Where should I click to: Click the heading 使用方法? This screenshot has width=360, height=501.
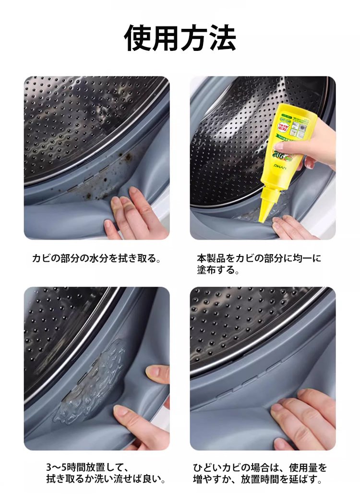tap(180, 38)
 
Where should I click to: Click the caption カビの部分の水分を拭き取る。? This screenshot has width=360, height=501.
tap(96, 258)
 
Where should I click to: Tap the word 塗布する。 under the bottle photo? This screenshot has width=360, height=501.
tap(218, 270)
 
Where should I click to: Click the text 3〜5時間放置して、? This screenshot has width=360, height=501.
tap(87, 467)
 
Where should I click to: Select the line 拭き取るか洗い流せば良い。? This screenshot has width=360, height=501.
tap(106, 479)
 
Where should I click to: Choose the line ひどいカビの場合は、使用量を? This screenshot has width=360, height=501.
tap(260, 467)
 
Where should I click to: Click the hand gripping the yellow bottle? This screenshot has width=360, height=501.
tap(306, 144)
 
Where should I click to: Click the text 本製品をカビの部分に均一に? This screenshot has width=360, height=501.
tap(259, 258)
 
